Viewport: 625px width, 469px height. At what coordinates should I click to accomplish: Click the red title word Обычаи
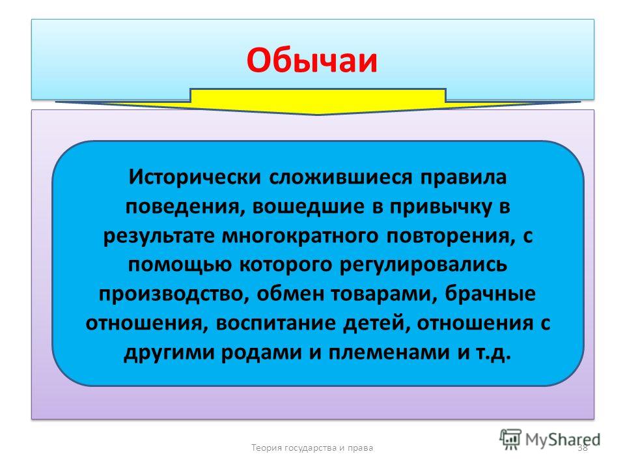click(312, 60)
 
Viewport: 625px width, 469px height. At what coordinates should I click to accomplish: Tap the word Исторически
click(195, 177)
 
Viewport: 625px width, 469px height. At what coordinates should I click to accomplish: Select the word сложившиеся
click(340, 177)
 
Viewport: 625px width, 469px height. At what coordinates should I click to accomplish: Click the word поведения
click(185, 207)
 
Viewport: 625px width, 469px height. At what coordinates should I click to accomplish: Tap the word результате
click(159, 236)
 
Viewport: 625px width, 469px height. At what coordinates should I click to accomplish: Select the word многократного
click(300, 236)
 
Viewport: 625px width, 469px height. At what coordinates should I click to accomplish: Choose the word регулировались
click(423, 265)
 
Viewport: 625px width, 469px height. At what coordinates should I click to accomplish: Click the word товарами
click(383, 294)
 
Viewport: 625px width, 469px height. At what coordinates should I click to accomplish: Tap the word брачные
click(490, 294)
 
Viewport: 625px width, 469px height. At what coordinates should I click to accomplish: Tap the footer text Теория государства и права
click(312, 448)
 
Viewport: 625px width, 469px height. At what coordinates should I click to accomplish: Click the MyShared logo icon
click(510, 440)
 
